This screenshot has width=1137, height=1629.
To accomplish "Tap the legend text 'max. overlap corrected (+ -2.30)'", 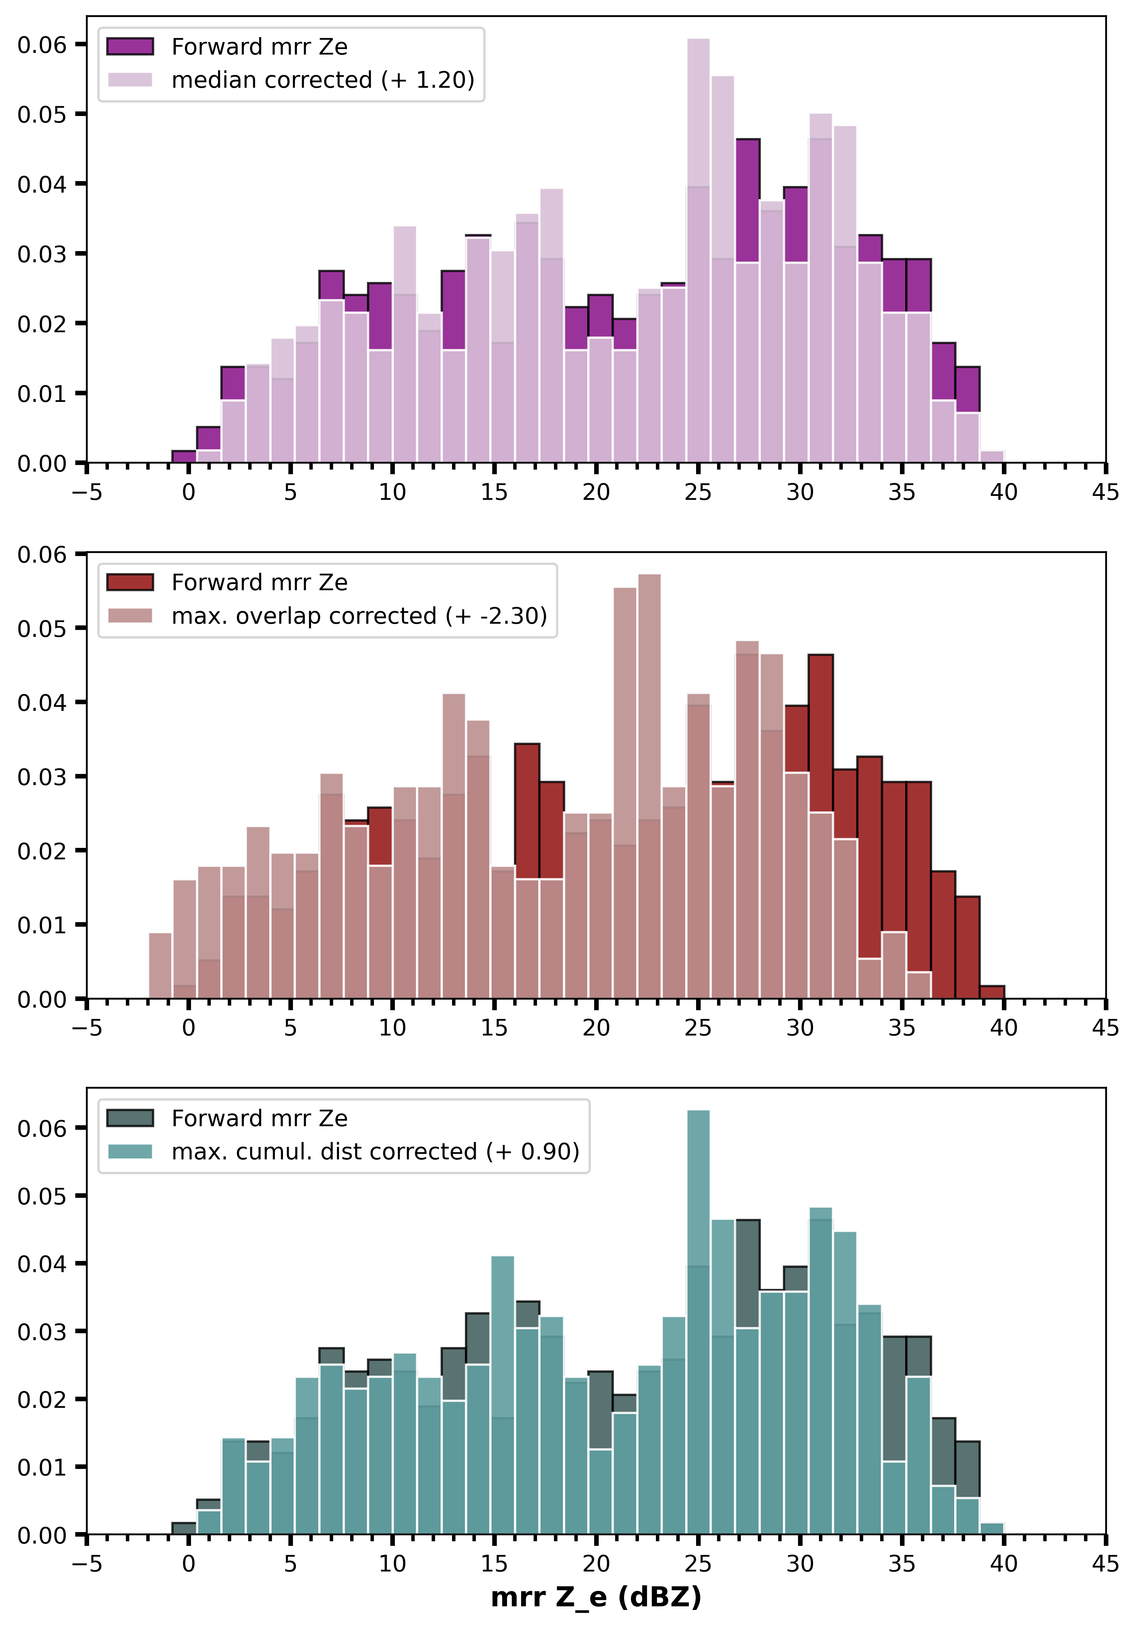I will point(359,616).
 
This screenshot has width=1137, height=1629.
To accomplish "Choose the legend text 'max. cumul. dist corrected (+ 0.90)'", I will point(375,1151).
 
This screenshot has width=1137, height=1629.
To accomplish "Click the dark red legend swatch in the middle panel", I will point(130,583).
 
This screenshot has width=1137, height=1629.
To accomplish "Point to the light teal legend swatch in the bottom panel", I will point(130,1151).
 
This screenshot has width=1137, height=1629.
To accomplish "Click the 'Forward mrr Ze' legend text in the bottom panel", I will point(260,1118).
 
